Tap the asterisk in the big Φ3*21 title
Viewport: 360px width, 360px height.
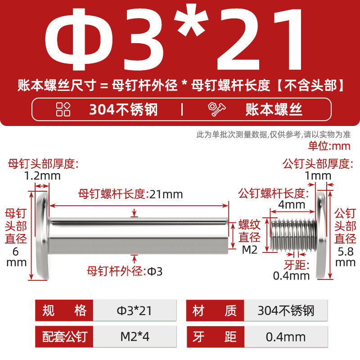tap(191, 21)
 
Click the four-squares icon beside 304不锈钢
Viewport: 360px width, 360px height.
tap(63, 109)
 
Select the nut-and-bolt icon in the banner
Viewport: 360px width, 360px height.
tap(216, 109)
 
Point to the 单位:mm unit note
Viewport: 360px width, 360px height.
tap(329, 146)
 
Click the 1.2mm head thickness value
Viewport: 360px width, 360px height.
tap(42, 176)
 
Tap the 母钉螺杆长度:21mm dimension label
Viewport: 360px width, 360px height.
tap(130, 194)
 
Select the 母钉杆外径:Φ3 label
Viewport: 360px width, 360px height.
tap(125, 271)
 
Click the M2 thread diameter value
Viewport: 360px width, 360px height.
tap(250, 250)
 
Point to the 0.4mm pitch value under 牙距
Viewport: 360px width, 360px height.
tap(291, 276)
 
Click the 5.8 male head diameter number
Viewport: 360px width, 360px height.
tap(345, 252)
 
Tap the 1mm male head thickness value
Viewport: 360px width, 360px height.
tap(318, 176)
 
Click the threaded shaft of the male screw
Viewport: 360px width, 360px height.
tap(293, 234)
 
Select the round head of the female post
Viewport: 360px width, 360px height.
tap(43, 235)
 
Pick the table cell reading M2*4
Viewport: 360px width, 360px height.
tap(135, 337)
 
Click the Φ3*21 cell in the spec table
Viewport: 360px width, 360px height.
tap(135, 310)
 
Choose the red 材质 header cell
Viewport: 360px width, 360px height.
tap(215, 310)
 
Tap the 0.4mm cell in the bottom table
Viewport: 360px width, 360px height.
tap(286, 337)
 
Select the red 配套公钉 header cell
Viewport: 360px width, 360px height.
tap(64, 337)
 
